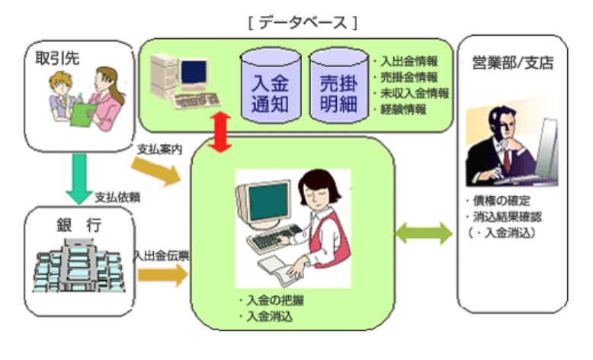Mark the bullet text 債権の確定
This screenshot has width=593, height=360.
coord(502,201)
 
